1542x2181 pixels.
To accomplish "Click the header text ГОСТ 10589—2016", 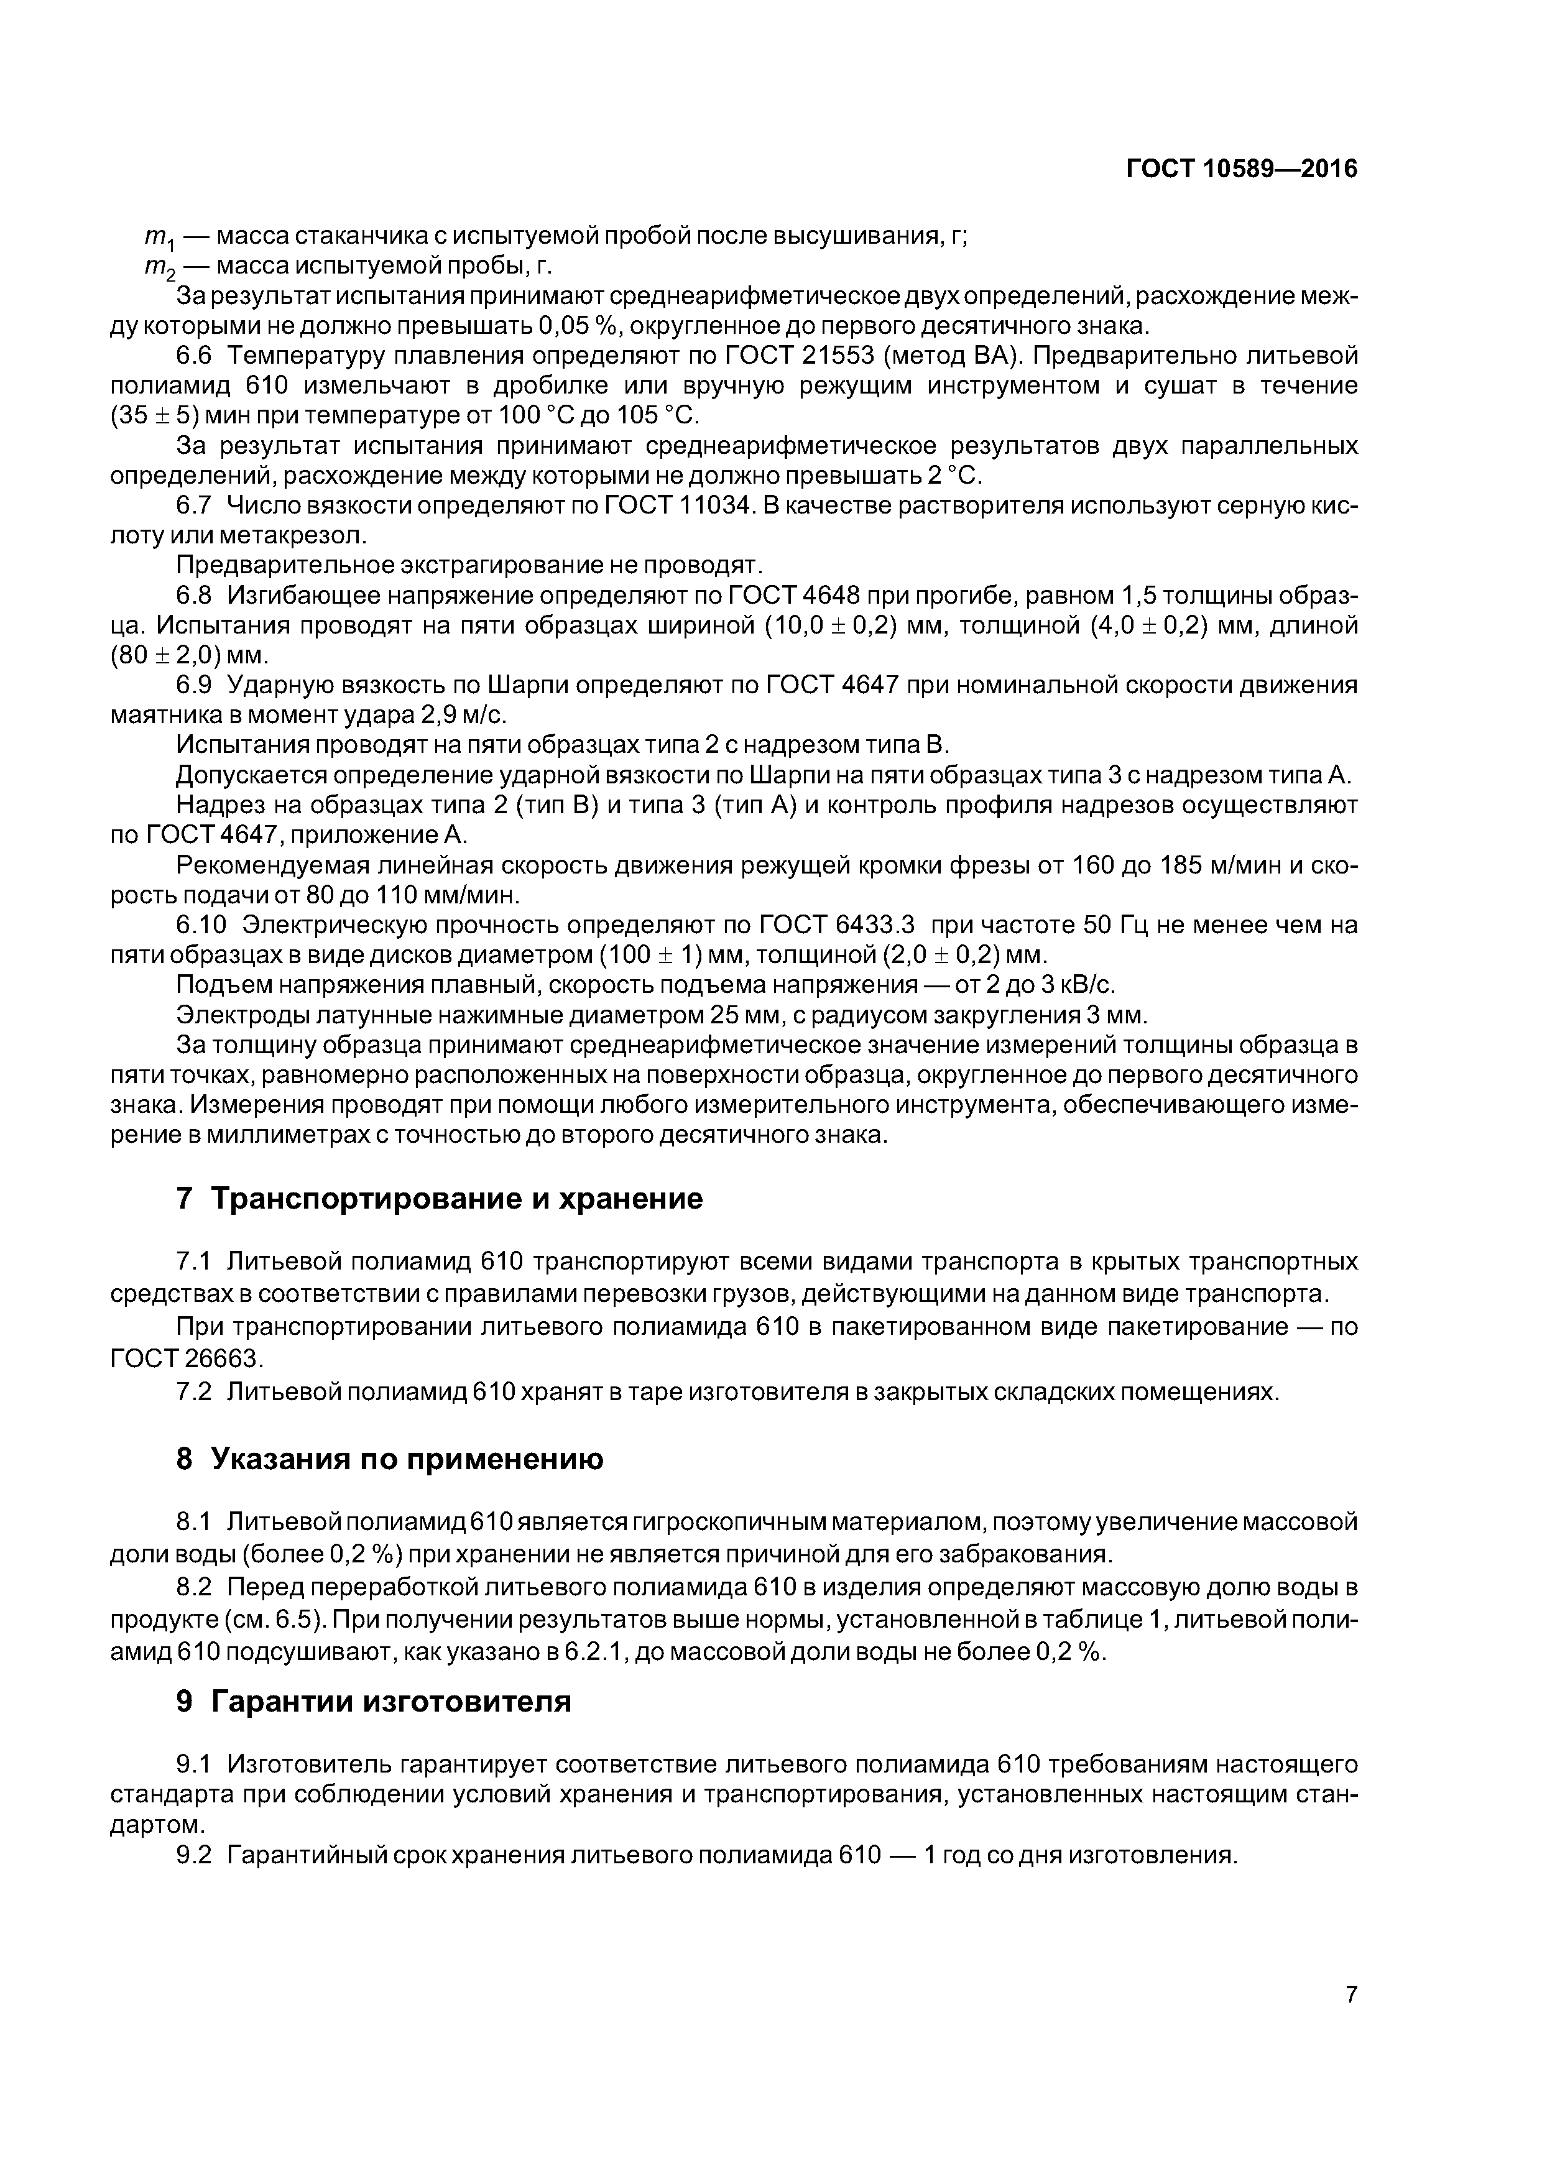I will [1241, 169].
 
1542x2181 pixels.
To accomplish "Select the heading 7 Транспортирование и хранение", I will [439, 1200].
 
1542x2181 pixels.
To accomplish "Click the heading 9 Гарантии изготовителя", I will [374, 1700].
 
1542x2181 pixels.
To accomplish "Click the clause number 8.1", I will [194, 1523].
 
